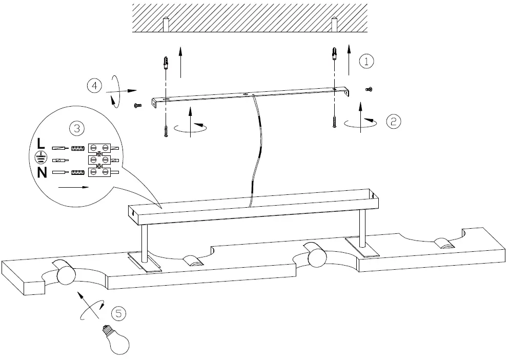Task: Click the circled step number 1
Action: point(366,62)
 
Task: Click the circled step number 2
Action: point(393,121)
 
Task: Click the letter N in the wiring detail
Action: point(42,173)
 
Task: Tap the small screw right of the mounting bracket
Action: point(368,90)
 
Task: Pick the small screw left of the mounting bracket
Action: point(137,106)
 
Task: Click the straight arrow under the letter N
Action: point(73,188)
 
